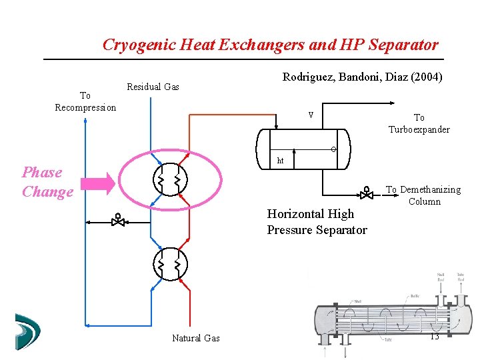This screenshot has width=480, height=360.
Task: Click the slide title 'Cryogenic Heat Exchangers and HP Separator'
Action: (271, 45)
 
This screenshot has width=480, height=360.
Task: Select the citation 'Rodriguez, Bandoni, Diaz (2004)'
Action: (362, 77)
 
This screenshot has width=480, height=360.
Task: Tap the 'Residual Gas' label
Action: (153, 87)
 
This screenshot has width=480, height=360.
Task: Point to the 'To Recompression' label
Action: (85, 102)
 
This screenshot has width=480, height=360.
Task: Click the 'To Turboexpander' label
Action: (419, 123)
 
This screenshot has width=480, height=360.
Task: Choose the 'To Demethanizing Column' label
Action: (423, 195)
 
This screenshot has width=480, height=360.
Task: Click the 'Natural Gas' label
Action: (196, 338)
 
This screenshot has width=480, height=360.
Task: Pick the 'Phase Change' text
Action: (47, 182)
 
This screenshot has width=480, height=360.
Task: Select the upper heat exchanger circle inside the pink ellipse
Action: (170, 179)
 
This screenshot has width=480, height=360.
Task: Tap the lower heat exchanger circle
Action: (170, 265)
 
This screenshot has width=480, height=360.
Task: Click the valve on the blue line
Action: (118, 219)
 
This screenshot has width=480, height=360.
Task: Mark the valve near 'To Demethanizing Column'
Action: (366, 193)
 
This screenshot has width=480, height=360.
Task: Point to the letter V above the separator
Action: (311, 115)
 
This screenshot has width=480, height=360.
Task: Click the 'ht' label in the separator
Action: (281, 161)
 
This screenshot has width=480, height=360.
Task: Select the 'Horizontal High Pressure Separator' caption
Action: (317, 222)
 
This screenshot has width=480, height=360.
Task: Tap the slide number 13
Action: (434, 337)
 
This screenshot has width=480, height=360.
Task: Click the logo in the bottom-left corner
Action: (27, 331)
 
